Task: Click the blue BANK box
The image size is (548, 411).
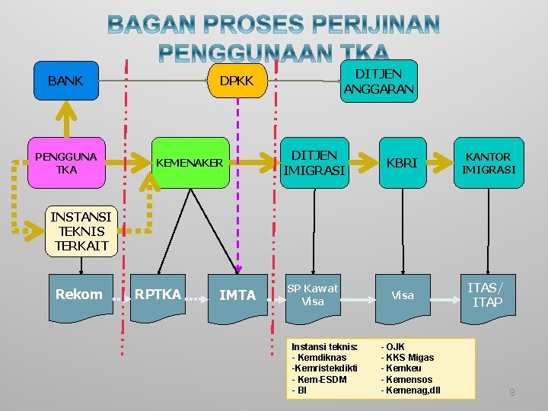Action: pyautogui.click(x=66, y=81)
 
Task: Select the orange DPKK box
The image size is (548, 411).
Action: pyautogui.click(x=236, y=81)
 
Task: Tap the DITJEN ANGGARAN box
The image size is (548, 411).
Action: pyautogui.click(x=378, y=81)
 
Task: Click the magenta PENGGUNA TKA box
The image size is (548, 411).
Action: pyautogui.click(x=66, y=163)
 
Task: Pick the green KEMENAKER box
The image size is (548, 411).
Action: pyautogui.click(x=190, y=163)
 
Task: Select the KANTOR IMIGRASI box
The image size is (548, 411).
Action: pyautogui.click(x=489, y=163)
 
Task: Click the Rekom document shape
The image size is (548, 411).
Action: pyautogui.click(x=79, y=295)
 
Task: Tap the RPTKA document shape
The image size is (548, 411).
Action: pyautogui.click(x=158, y=295)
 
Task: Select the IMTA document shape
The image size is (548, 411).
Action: pyautogui.click(x=237, y=295)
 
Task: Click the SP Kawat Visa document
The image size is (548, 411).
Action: pyautogui.click(x=312, y=295)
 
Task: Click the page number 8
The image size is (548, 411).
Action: pyautogui.click(x=511, y=393)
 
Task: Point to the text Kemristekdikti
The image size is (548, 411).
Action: pyautogui.click(x=325, y=368)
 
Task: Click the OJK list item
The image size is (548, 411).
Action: pyautogui.click(x=396, y=347)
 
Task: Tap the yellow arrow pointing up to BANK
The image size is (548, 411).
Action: pyautogui.click(x=66, y=114)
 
